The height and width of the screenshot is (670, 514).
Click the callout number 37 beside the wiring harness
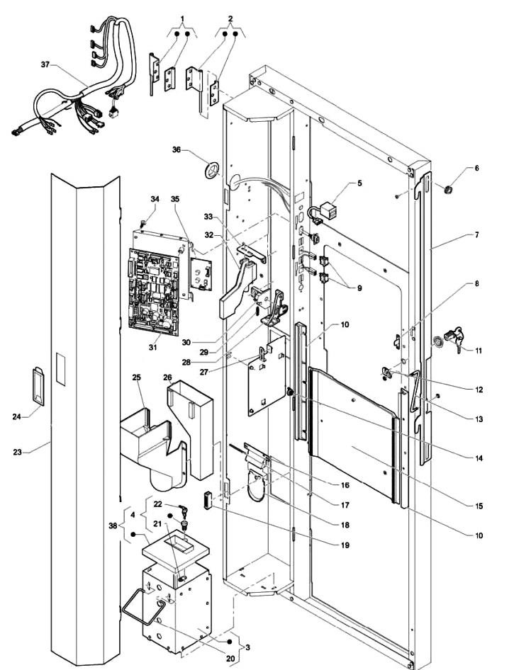45,64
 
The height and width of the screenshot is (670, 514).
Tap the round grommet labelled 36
211,170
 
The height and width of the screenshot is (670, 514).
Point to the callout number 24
17,416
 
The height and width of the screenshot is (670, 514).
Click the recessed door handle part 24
38,386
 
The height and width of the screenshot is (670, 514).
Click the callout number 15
479,506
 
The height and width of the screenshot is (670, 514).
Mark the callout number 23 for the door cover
17,452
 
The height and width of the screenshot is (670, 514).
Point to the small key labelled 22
183,511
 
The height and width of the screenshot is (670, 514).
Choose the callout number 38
113,526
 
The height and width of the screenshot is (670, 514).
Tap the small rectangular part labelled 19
208,500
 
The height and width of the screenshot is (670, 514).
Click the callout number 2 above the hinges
230,19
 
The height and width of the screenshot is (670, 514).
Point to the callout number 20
230,659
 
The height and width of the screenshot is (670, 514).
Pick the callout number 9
359,288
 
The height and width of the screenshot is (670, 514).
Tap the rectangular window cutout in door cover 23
61,369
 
